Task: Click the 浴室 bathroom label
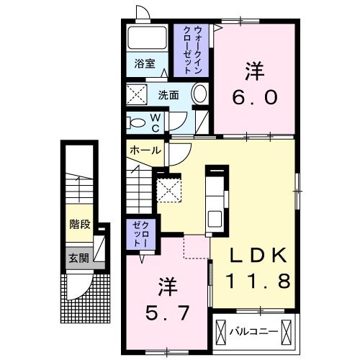(145, 63)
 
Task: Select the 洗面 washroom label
(168, 94)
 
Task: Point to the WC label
(155, 122)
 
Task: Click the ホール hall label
(145, 150)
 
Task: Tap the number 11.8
(261, 279)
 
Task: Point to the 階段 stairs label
(79, 225)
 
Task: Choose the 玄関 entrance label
(78, 257)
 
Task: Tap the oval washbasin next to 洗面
(200, 94)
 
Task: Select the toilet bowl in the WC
(136, 122)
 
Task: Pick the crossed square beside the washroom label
(137, 94)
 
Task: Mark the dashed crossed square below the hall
(169, 190)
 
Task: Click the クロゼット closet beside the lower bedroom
(138, 235)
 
